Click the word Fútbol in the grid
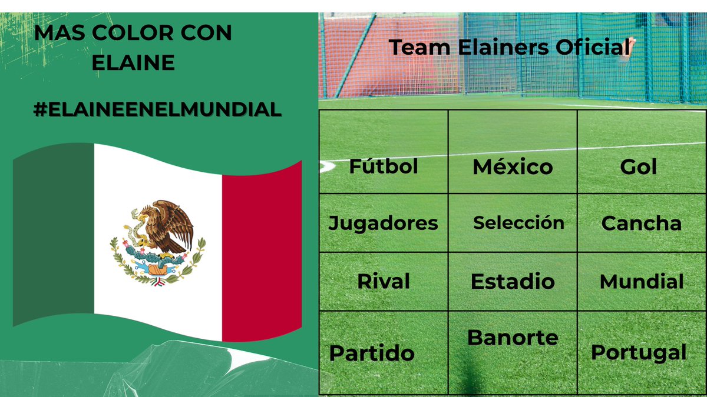384,166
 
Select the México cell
513,167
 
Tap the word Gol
638,167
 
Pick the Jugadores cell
383,223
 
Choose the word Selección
518,222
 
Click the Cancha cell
641,223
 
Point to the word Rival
383,281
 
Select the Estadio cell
513,281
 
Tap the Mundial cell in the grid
642,282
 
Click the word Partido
372,353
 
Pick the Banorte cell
513,338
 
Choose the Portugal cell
639,352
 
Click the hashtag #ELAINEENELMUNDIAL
157,109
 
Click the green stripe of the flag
53,235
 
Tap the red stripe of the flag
261,253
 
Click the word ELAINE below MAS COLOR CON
133,62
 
